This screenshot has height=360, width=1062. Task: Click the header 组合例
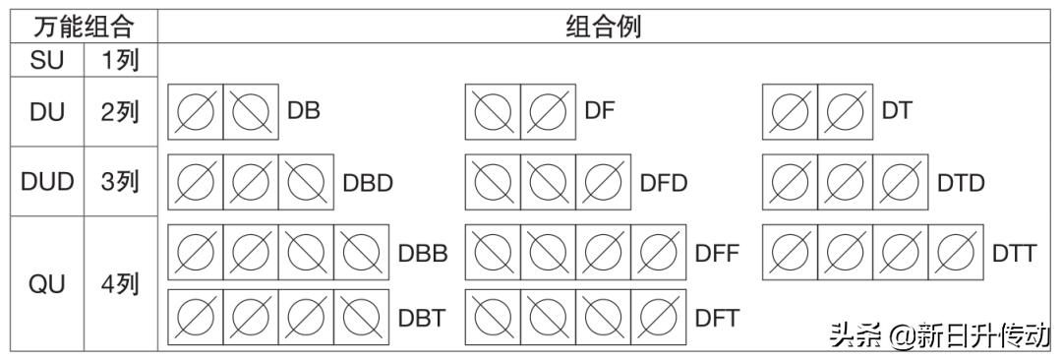click(x=603, y=26)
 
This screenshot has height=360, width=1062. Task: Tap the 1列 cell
click(x=121, y=61)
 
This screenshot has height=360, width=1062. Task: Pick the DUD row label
click(x=47, y=182)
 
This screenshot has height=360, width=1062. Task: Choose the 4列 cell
click(x=121, y=285)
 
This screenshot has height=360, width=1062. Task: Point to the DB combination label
click(x=304, y=111)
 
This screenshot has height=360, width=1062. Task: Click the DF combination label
click(x=600, y=111)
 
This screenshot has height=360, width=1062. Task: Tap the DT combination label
click(x=897, y=111)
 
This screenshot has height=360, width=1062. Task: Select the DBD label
click(x=368, y=183)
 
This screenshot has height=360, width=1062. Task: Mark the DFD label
click(x=664, y=183)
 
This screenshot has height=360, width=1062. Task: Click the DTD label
click(x=961, y=183)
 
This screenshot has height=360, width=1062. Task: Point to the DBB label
click(x=423, y=253)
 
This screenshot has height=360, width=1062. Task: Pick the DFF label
click(x=717, y=253)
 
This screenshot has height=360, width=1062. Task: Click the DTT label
click(x=1014, y=253)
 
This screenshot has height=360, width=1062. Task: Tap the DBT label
click(x=422, y=318)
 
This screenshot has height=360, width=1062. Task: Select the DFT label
click(x=717, y=318)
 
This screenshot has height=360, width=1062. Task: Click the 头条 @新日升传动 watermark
click(x=939, y=335)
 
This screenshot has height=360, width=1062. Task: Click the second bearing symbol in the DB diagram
click(x=251, y=111)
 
